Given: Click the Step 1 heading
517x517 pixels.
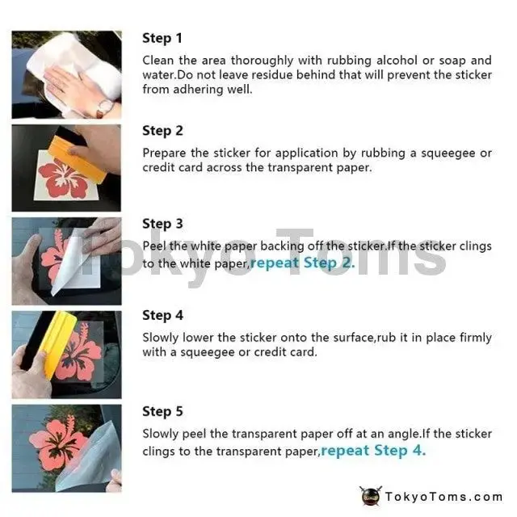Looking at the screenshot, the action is click(x=162, y=38).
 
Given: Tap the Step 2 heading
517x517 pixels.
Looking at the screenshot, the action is click(x=162, y=131).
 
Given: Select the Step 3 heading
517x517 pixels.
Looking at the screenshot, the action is click(x=162, y=224).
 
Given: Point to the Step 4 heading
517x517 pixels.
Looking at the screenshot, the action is click(x=162, y=316).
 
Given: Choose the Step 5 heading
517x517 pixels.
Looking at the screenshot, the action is click(x=162, y=411).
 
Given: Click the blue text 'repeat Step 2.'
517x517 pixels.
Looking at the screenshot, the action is click(x=303, y=263).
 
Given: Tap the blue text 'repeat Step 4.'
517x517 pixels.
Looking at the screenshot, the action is click(x=373, y=451).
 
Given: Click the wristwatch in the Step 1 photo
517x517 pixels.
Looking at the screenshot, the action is click(x=105, y=107).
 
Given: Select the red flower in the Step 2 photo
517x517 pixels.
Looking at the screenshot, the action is click(x=64, y=178).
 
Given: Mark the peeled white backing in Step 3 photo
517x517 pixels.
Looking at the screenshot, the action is click(x=69, y=264).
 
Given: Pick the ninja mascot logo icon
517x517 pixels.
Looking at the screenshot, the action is click(x=371, y=496).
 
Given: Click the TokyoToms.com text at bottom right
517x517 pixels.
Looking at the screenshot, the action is click(x=443, y=497).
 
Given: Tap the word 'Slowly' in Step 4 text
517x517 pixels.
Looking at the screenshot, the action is click(x=161, y=338).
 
